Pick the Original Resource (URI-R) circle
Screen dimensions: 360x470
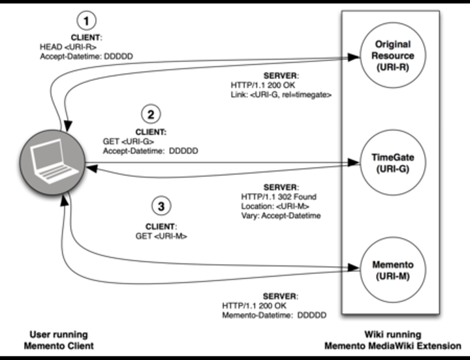coord(394,56)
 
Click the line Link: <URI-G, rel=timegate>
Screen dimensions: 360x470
coord(281,95)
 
